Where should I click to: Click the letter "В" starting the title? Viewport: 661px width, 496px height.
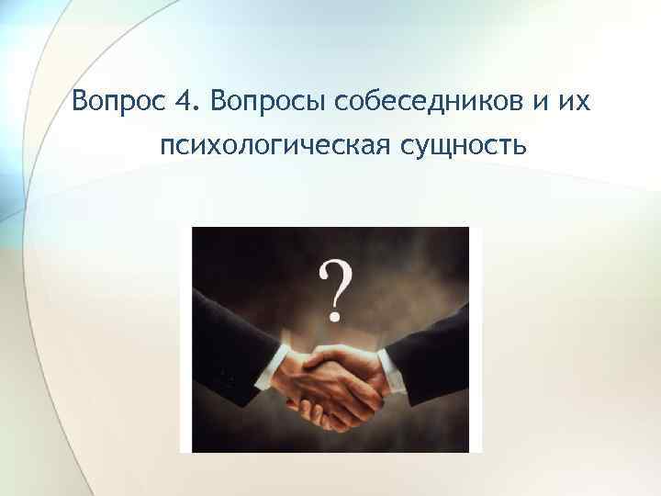(x=80, y=99)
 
